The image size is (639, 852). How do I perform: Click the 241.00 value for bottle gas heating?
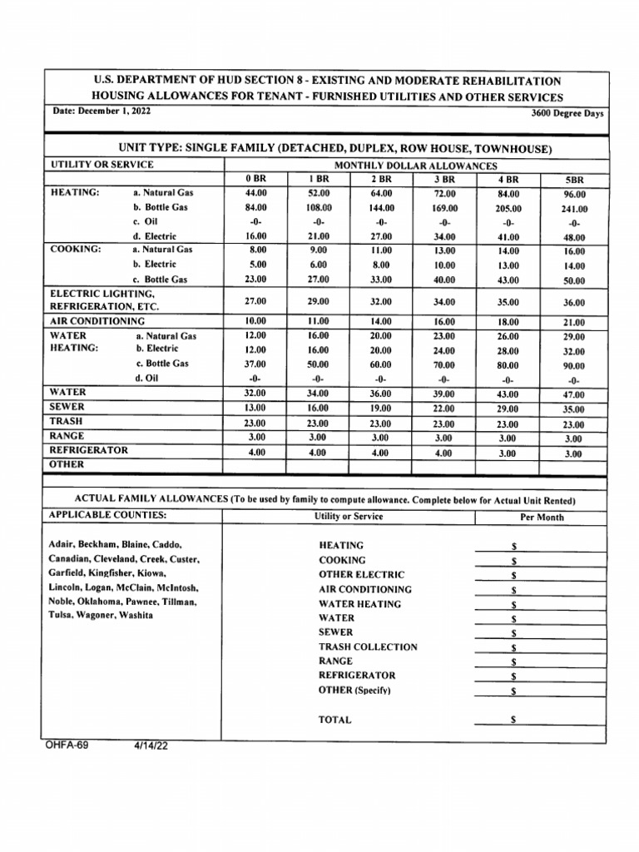tap(574, 209)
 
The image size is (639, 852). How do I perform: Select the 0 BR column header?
tap(255, 179)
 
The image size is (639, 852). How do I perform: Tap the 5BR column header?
tap(574, 179)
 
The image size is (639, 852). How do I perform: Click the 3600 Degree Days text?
tap(567, 114)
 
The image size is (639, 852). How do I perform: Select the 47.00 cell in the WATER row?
tap(574, 394)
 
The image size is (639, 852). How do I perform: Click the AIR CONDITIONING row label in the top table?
tap(97, 320)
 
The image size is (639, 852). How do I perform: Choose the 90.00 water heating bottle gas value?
tap(574, 365)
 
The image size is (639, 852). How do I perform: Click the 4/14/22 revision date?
tap(151, 746)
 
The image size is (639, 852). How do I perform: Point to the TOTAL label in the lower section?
tap(335, 720)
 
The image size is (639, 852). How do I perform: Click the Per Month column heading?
tap(541, 517)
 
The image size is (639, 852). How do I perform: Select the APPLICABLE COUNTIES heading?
tap(107, 515)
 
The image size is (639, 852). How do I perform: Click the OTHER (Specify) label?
tap(354, 690)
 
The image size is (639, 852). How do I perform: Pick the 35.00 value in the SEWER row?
tap(574, 409)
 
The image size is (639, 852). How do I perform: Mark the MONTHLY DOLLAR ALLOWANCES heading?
tap(416, 166)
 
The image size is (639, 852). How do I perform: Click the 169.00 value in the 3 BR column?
tap(444, 209)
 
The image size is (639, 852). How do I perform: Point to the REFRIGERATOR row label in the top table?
tap(89, 450)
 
